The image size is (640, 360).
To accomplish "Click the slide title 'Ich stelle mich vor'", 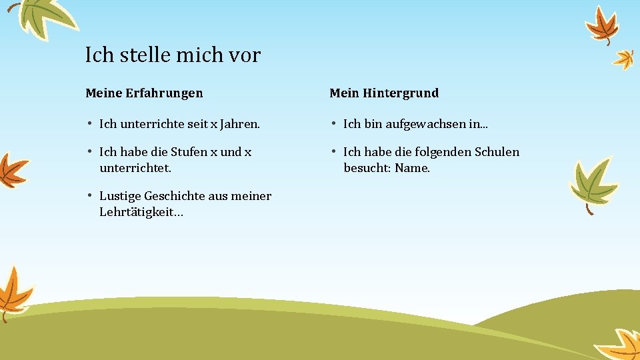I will (173, 55).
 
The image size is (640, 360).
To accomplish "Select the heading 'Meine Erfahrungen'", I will (144, 93).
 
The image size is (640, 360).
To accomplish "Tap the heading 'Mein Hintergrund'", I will (384, 93).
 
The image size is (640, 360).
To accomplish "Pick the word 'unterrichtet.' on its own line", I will (135, 168).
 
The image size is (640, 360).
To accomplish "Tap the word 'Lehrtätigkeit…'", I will (141, 212).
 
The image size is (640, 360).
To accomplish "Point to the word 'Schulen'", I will (497, 152).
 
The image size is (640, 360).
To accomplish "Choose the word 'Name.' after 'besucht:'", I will (412, 168).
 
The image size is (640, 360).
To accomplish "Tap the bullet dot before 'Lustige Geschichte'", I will (89, 195).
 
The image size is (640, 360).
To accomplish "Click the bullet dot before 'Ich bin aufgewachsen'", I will (333, 123).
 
